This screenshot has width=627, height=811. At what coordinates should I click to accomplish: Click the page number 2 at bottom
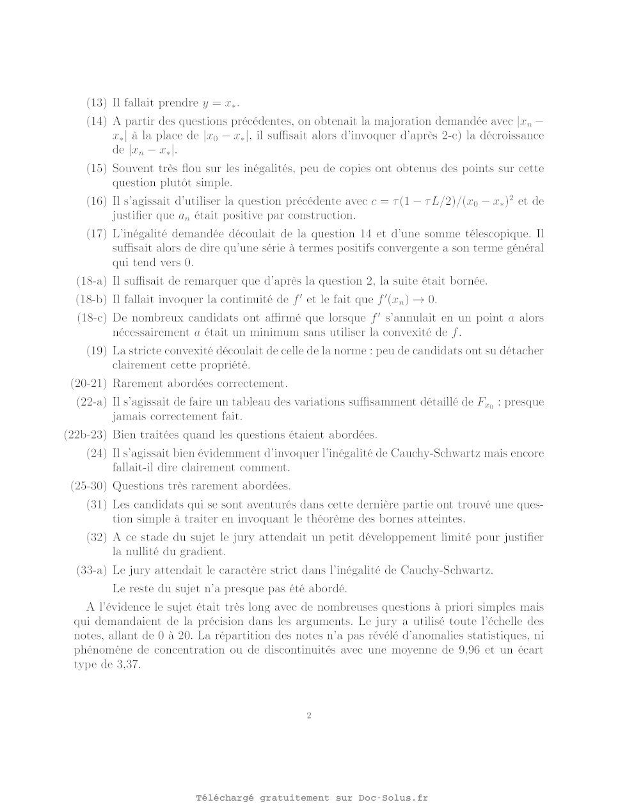(x=309, y=716)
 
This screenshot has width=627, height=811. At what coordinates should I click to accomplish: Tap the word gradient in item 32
(x=207, y=551)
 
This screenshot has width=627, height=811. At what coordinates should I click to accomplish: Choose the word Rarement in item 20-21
(x=138, y=384)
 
